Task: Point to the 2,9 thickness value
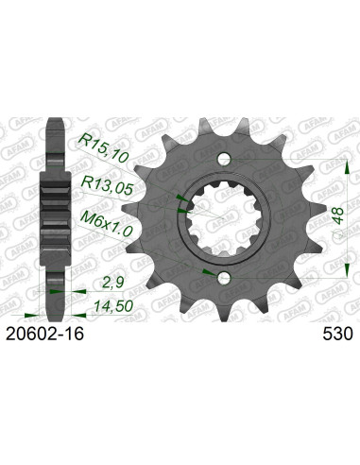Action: (x=112, y=281)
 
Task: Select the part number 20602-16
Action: (x=60, y=334)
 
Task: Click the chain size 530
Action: (x=337, y=334)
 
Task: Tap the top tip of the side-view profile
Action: (x=55, y=121)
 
